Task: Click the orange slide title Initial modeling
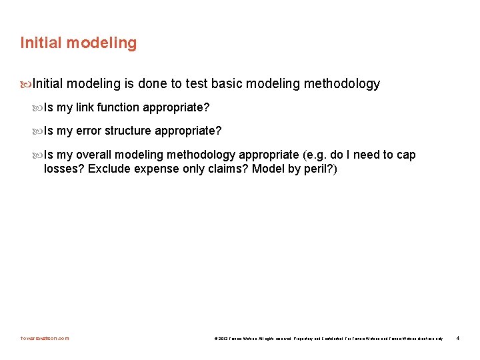(x=78, y=43)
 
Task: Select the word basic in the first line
(x=230, y=84)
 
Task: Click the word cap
(x=406, y=155)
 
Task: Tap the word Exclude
(x=110, y=169)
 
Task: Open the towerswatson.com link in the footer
(x=45, y=338)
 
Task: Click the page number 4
(x=458, y=338)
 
